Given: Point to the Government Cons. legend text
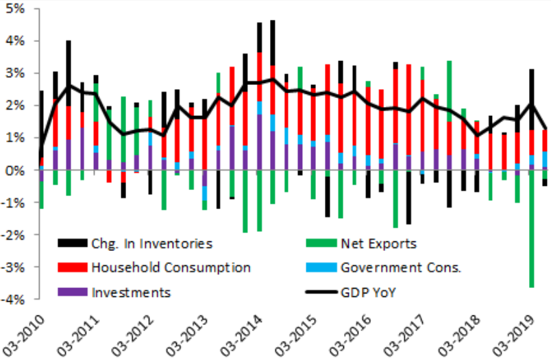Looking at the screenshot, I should point(399,267).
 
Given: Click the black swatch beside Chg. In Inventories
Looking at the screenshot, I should point(71,243).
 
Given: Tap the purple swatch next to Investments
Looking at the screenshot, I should point(71,293).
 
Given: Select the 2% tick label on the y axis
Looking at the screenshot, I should point(15,106).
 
